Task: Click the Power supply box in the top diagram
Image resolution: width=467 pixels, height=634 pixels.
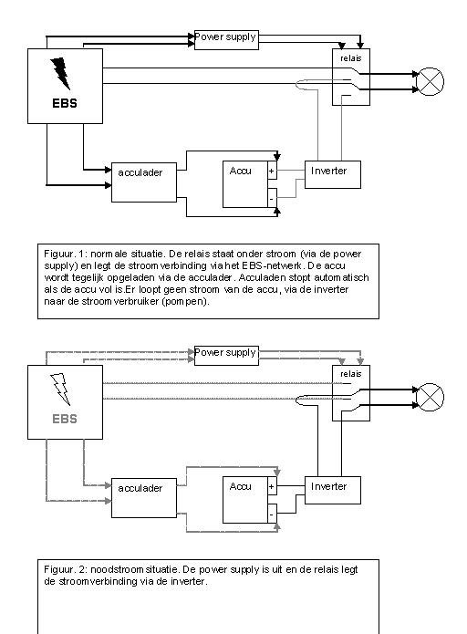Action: coord(226,40)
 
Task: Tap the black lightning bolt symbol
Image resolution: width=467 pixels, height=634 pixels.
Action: coord(60,73)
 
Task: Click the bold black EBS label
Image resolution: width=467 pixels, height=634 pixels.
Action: coord(65,103)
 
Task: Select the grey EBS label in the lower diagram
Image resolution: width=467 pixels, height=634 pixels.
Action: coord(65,419)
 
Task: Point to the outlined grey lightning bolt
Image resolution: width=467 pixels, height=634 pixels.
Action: coord(60,389)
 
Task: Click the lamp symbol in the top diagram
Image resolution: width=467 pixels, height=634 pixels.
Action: coord(430,82)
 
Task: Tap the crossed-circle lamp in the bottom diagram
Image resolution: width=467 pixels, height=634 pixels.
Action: coord(430,397)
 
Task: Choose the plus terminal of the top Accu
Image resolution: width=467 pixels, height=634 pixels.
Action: coord(272,171)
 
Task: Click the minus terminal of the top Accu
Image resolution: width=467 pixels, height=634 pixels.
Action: coord(272,198)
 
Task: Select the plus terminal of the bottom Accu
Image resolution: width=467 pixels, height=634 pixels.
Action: coord(272,486)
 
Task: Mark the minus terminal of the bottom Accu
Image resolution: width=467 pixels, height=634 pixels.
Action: coord(272,514)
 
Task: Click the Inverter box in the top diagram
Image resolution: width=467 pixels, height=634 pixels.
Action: coord(332,174)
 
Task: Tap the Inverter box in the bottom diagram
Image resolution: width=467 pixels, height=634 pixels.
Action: coord(332,490)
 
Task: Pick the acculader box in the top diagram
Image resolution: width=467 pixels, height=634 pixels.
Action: coord(144,182)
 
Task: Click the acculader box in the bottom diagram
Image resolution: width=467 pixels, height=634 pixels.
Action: coord(144,498)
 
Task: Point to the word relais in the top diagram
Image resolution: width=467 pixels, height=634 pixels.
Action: coord(351,58)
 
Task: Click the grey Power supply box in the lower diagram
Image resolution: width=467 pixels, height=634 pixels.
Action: coord(226,356)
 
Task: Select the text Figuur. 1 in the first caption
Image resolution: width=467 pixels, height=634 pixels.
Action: coord(66,255)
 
